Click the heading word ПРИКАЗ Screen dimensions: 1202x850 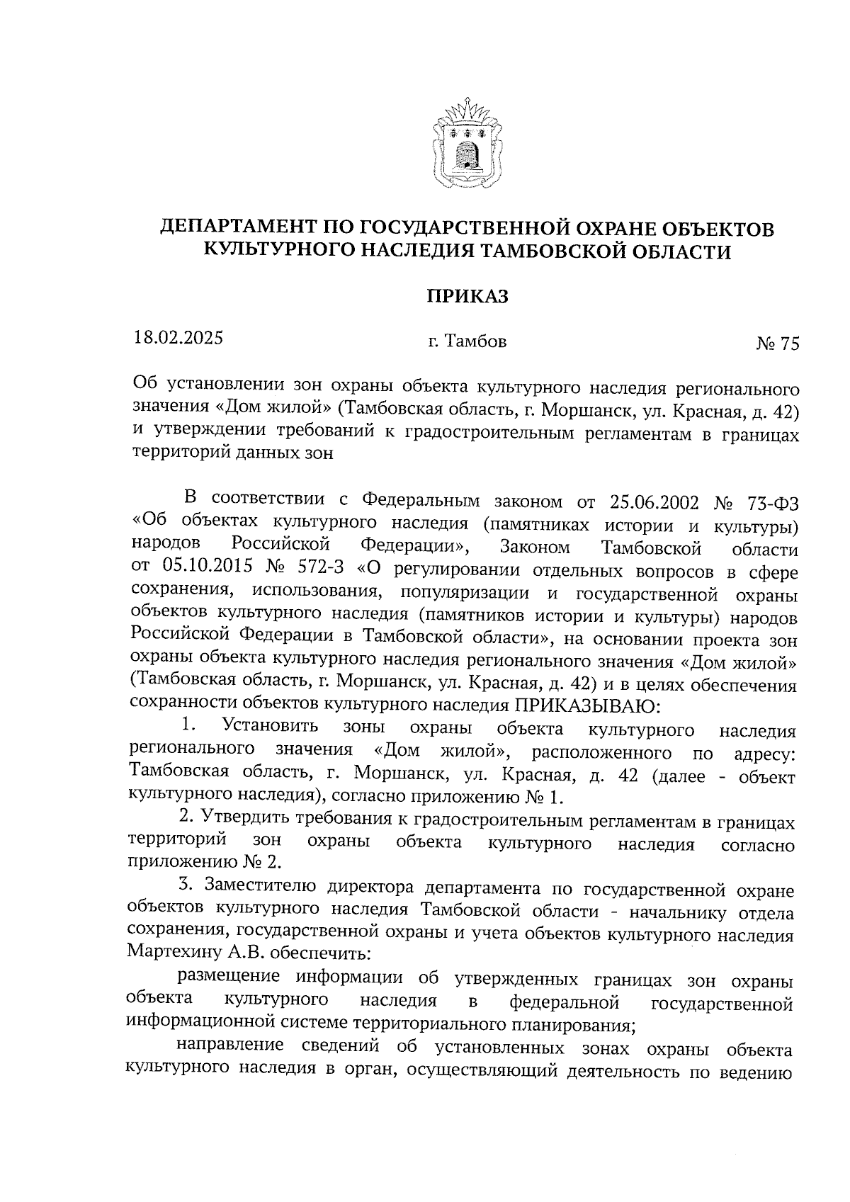click(x=467, y=296)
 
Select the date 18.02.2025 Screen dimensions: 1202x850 click(x=178, y=337)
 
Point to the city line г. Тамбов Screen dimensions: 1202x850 click(x=467, y=342)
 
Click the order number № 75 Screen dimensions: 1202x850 click(x=777, y=344)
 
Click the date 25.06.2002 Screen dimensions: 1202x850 click(x=653, y=502)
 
